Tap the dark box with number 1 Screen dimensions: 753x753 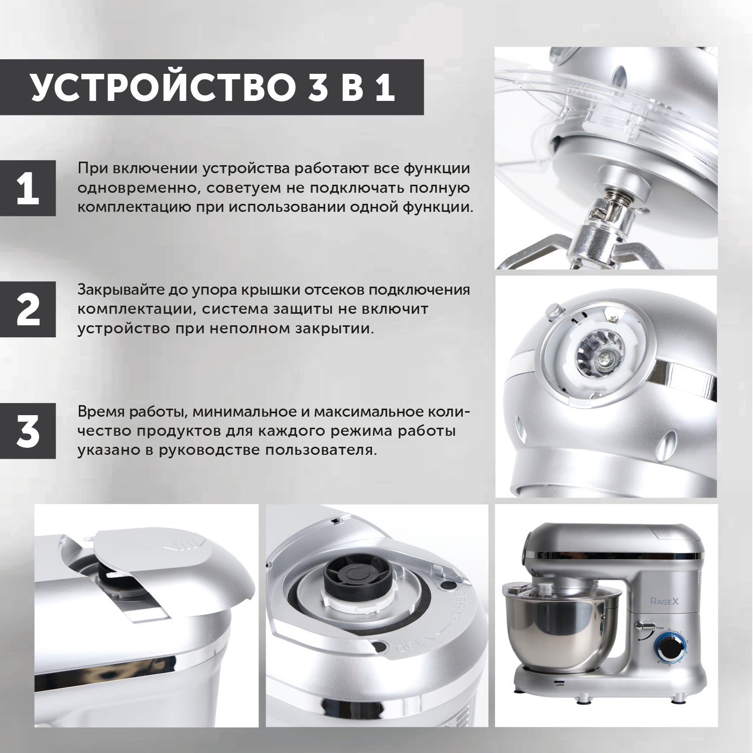tap(28, 188)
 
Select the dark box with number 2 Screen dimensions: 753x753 tap(28, 309)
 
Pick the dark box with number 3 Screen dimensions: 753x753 tap(28, 431)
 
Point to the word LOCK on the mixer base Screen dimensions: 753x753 tap(561, 684)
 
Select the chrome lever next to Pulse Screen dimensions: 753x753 tap(644, 625)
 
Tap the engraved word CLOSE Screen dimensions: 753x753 tap(459, 611)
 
